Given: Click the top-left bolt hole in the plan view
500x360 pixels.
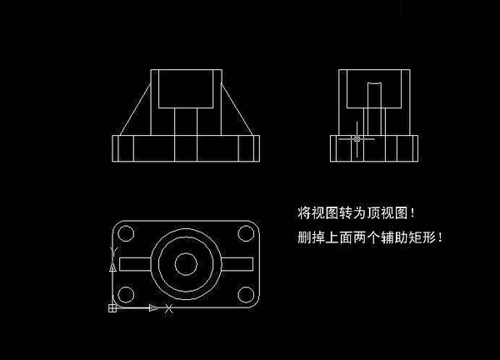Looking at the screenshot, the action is [x=126, y=233].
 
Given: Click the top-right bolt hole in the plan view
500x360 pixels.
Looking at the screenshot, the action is [x=246, y=233].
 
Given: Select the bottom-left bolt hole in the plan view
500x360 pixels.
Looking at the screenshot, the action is [x=126, y=294].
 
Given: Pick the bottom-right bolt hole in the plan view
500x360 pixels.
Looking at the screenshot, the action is [x=246, y=294].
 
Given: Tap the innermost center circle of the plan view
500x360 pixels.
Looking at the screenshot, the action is [x=186, y=264].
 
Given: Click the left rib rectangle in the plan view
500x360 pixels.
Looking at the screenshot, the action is [x=135, y=264].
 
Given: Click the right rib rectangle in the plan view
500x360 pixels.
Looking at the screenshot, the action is [x=237, y=264].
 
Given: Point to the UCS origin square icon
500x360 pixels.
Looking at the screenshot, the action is [x=112, y=308].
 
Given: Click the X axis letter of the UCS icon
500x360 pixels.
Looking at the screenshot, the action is [x=169, y=308].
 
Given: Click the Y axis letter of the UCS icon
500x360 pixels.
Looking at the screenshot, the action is [x=114, y=250].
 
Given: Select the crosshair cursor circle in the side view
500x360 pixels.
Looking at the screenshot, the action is [x=357, y=138].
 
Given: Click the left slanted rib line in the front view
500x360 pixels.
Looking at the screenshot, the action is [x=135, y=109].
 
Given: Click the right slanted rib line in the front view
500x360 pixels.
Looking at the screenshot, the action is [x=237, y=109].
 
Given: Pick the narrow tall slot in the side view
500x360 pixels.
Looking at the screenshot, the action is [x=374, y=109].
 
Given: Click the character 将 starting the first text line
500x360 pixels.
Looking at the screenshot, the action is [x=304, y=212].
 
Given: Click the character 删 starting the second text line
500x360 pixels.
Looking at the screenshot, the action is [x=304, y=237].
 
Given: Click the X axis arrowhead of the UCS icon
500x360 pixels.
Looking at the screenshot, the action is [x=153, y=308].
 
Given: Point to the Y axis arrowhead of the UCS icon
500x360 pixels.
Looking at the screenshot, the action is [x=112, y=267].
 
